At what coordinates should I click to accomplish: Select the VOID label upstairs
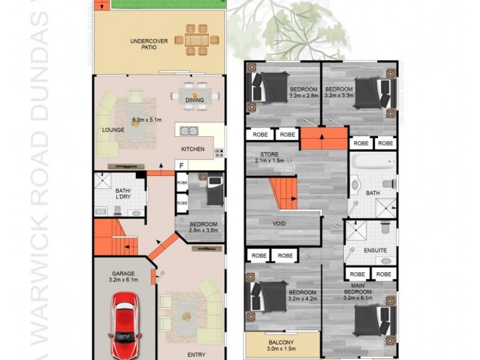click(x=279, y=224)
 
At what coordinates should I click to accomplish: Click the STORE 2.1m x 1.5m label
click(x=268, y=157)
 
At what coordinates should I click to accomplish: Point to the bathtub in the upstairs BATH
click(x=373, y=163)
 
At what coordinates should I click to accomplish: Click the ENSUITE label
click(x=375, y=250)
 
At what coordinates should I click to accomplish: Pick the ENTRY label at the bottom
click(x=196, y=355)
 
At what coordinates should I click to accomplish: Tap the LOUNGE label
click(x=113, y=130)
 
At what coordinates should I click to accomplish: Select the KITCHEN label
click(x=193, y=149)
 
